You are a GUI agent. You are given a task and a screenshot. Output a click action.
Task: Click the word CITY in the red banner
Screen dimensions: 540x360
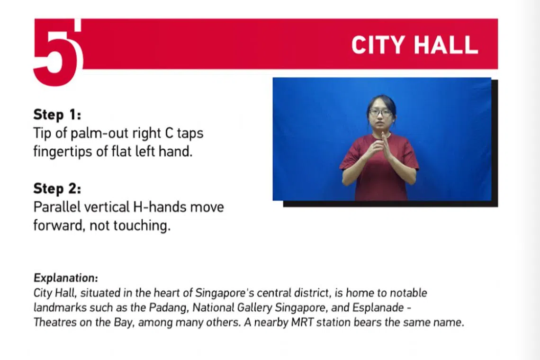pyautogui.click(x=378, y=45)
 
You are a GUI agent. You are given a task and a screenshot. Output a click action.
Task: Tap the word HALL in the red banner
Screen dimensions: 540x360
pyautogui.click(x=446, y=45)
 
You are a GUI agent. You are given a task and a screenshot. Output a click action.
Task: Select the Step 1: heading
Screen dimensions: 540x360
pyautogui.click(x=57, y=115)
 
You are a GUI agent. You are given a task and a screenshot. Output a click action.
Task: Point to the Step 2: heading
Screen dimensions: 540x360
pyautogui.click(x=57, y=189)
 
